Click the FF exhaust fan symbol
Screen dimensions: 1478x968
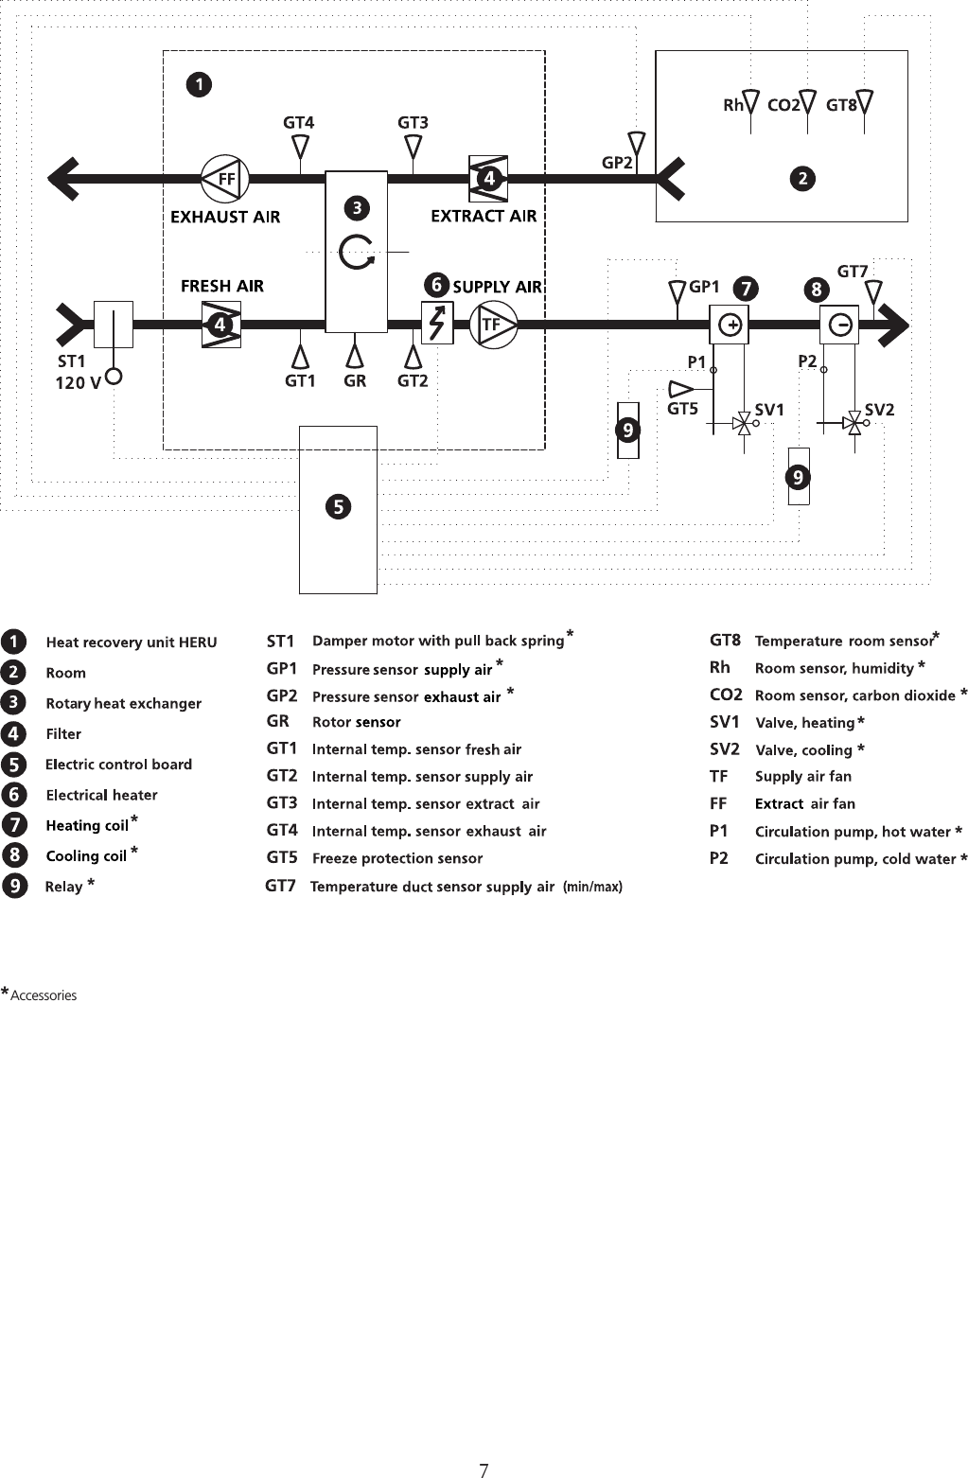click(224, 178)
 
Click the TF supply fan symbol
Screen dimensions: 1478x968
click(493, 325)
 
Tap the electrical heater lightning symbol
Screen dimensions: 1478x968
click(437, 324)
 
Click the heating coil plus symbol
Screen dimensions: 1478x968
click(730, 326)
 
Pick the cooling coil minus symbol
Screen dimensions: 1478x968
click(839, 326)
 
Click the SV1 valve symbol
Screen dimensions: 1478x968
click(744, 425)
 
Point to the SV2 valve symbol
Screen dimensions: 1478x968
click(854, 425)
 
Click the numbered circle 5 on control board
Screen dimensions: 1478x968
click(338, 507)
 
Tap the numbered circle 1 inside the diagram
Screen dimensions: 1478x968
click(199, 85)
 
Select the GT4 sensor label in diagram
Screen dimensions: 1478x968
click(298, 122)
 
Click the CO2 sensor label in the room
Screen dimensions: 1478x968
click(783, 105)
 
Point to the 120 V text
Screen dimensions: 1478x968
click(78, 383)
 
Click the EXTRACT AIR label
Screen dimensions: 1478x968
click(484, 216)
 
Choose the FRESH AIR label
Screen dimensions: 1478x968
click(222, 286)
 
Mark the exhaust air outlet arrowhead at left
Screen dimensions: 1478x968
click(64, 178)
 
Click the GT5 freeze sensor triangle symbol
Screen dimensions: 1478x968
click(680, 388)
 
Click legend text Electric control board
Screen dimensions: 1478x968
click(118, 765)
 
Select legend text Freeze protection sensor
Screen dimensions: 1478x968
click(397, 858)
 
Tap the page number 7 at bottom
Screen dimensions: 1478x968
click(484, 1444)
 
